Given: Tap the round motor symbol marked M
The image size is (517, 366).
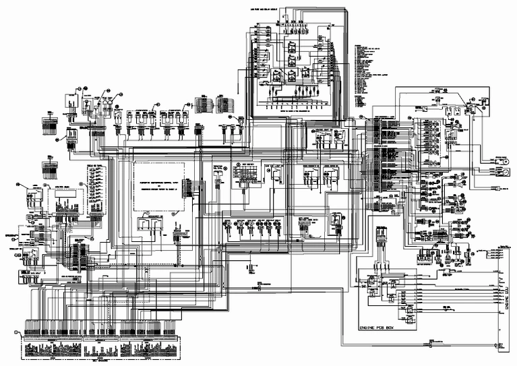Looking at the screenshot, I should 501,160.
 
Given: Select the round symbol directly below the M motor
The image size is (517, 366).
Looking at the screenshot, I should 501,173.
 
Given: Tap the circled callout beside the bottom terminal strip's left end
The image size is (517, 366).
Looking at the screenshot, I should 16,332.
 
